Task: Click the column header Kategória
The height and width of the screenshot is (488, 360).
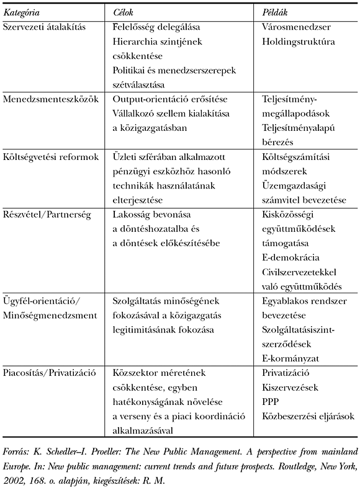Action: point(23,13)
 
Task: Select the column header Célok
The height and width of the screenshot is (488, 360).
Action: point(125,13)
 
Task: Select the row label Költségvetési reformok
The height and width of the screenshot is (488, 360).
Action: point(51,157)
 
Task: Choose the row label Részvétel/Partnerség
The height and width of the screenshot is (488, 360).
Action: point(47,215)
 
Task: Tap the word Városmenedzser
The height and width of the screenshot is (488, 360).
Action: point(297,27)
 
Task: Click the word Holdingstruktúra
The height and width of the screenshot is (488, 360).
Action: point(299,42)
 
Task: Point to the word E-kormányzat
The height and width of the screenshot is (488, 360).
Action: point(290,358)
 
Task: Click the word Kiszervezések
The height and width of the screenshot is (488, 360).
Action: point(290,388)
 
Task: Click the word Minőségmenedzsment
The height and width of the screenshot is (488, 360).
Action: point(50,315)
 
